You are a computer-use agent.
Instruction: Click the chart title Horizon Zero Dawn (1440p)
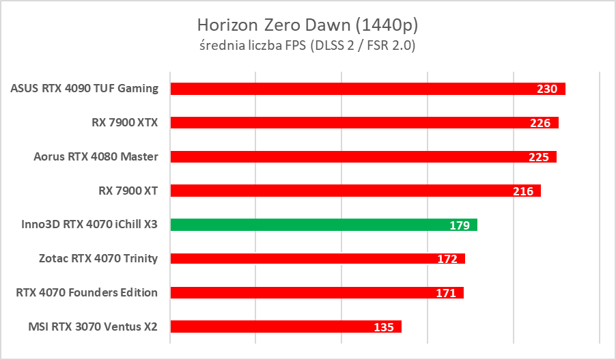(x=307, y=25)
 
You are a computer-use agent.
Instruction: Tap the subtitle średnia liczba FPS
(x=307, y=46)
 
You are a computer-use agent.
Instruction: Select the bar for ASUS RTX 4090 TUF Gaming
(x=355, y=89)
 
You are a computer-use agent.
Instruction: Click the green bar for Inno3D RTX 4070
(x=307, y=224)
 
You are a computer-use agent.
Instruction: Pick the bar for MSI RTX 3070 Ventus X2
(x=273, y=327)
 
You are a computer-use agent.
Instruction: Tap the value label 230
(x=547, y=89)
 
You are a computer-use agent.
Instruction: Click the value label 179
(x=459, y=225)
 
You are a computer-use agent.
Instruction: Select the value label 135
(x=384, y=327)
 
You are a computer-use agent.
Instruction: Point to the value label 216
(x=523, y=191)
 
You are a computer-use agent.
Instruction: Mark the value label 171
(x=446, y=293)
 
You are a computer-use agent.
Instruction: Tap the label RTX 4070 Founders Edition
(x=87, y=292)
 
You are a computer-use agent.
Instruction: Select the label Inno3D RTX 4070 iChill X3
(x=85, y=224)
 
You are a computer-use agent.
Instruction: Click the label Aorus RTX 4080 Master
(x=96, y=156)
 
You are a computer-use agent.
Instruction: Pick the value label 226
(x=541, y=123)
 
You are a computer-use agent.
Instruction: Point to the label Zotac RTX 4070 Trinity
(x=99, y=258)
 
